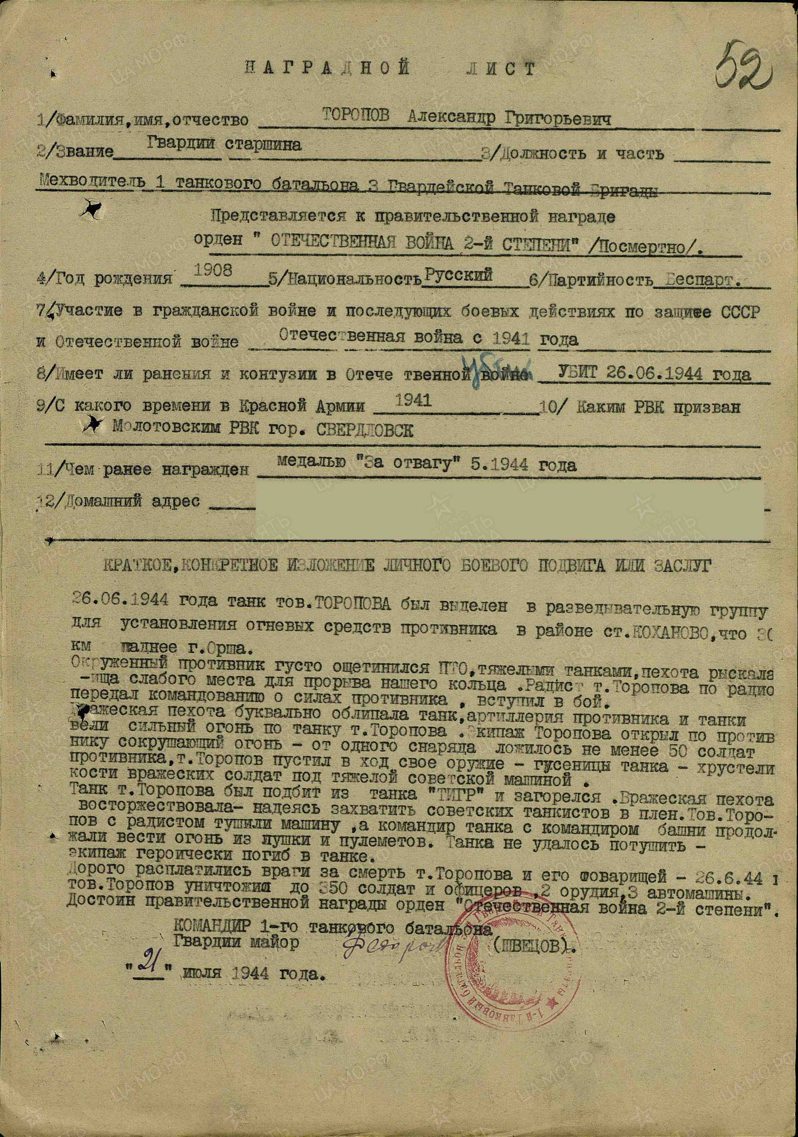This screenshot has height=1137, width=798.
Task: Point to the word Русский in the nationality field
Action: (x=459, y=275)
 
